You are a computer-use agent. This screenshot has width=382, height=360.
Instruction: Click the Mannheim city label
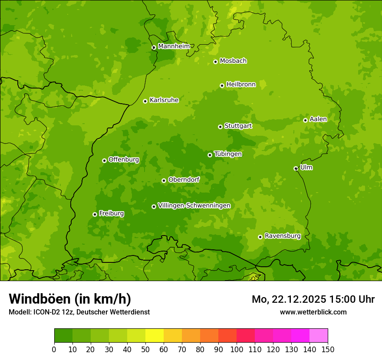(x=174, y=46)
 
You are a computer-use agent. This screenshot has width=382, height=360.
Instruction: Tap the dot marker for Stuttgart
(x=221, y=127)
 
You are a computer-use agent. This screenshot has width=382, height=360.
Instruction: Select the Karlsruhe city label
(x=164, y=100)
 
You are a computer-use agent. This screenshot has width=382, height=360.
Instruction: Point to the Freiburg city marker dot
(x=95, y=214)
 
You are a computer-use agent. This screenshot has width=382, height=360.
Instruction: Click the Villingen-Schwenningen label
(x=194, y=206)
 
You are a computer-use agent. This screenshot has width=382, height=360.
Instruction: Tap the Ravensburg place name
(x=283, y=236)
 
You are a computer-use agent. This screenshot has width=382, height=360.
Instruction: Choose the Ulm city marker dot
(x=296, y=168)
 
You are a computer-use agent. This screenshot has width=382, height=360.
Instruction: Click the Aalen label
(x=318, y=119)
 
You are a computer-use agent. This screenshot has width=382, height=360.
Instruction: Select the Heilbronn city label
(x=241, y=85)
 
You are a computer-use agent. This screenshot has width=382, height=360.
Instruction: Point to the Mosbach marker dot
(x=215, y=62)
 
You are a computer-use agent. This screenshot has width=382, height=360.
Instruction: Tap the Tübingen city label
(x=228, y=154)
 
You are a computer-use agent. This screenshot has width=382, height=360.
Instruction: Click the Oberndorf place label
(x=184, y=180)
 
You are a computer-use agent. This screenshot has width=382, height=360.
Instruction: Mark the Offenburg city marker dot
(x=104, y=160)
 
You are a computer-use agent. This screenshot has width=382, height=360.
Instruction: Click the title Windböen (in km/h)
(x=70, y=299)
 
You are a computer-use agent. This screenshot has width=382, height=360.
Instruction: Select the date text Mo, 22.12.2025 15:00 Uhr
(x=313, y=299)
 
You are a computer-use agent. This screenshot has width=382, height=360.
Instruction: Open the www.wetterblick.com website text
(x=313, y=312)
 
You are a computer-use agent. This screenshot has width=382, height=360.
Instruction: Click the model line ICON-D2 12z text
(x=79, y=312)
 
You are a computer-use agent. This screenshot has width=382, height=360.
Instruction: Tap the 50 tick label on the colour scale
(x=145, y=350)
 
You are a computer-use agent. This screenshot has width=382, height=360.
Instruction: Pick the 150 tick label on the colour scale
(x=328, y=350)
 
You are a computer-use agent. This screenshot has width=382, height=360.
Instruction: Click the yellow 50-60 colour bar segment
(x=155, y=336)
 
